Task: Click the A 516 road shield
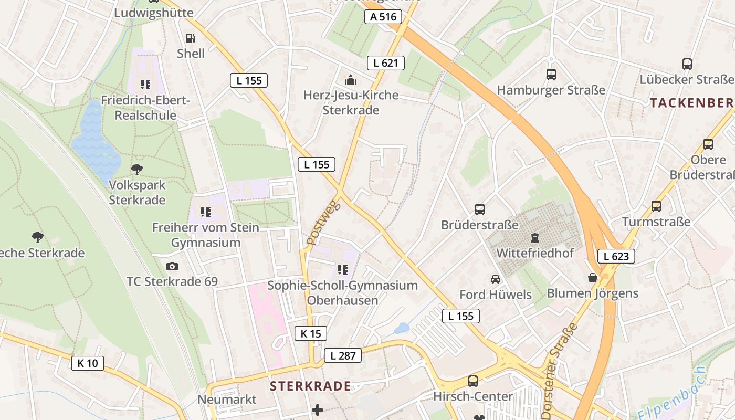coord(383,17)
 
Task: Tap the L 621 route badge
coord(386,63)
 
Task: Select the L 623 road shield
coord(616,256)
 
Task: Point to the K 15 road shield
coord(311,333)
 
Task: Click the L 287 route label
coord(343,355)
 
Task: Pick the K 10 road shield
coord(88,363)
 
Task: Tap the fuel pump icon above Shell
coord(191,38)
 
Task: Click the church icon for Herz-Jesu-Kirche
coord(350,80)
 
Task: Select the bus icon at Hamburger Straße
coord(551,75)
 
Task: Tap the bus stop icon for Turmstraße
coord(656,206)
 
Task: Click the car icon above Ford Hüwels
coord(495,279)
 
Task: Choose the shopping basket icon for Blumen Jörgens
coord(593,278)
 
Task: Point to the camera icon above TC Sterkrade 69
coord(172,267)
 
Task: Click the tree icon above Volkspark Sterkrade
coord(137,169)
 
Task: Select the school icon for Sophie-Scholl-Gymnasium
coord(343,270)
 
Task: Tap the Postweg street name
coord(323,223)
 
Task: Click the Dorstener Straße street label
coord(559,370)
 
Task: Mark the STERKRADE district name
coord(310,386)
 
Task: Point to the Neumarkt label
coord(227,400)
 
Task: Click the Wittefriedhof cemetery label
coord(535,253)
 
